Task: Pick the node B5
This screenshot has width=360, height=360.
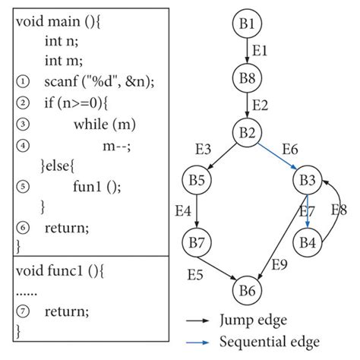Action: [197, 182]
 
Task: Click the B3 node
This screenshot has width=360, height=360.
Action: [307, 182]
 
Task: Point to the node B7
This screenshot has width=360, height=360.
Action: [197, 242]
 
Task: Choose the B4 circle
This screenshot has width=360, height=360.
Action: [307, 242]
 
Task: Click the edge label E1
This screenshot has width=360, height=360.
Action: [261, 52]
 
